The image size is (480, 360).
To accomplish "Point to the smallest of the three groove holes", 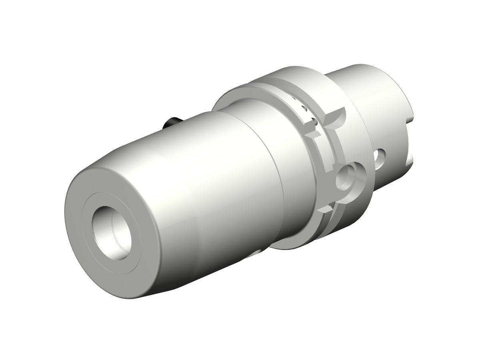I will click(294, 98).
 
